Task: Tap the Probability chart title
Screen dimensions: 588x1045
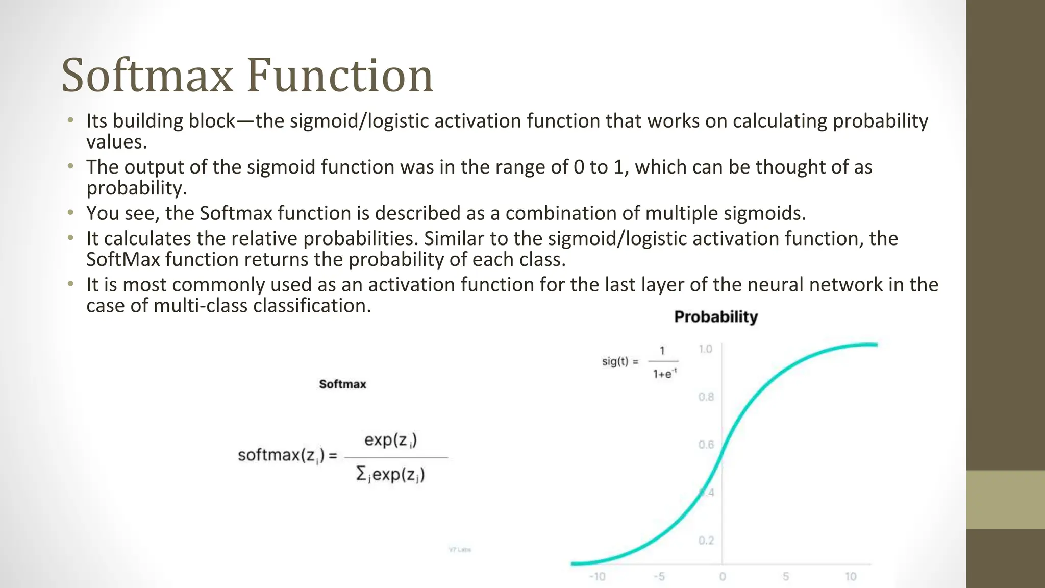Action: click(x=715, y=317)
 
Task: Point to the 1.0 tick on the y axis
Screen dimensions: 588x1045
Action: click(x=705, y=349)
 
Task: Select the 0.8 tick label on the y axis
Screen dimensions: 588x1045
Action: click(x=706, y=397)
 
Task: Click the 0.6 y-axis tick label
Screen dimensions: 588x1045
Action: click(x=706, y=445)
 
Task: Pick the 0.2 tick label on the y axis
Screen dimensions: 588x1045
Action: click(x=706, y=541)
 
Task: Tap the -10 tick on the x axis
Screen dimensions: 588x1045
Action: click(x=597, y=576)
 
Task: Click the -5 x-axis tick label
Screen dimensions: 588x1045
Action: click(x=659, y=576)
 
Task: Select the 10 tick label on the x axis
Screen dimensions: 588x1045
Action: click(x=850, y=576)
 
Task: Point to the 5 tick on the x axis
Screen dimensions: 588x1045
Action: click(x=786, y=576)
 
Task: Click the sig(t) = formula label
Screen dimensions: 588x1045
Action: click(x=620, y=362)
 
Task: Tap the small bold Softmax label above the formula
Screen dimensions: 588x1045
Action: click(x=342, y=384)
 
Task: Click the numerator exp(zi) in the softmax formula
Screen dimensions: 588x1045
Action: click(x=390, y=440)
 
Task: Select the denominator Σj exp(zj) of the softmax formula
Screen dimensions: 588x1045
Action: click(x=390, y=475)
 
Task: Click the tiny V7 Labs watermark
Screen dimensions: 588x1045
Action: click(x=460, y=550)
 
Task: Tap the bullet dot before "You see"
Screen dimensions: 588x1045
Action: click(x=71, y=213)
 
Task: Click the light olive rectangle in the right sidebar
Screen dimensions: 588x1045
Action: click(x=1005, y=500)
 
